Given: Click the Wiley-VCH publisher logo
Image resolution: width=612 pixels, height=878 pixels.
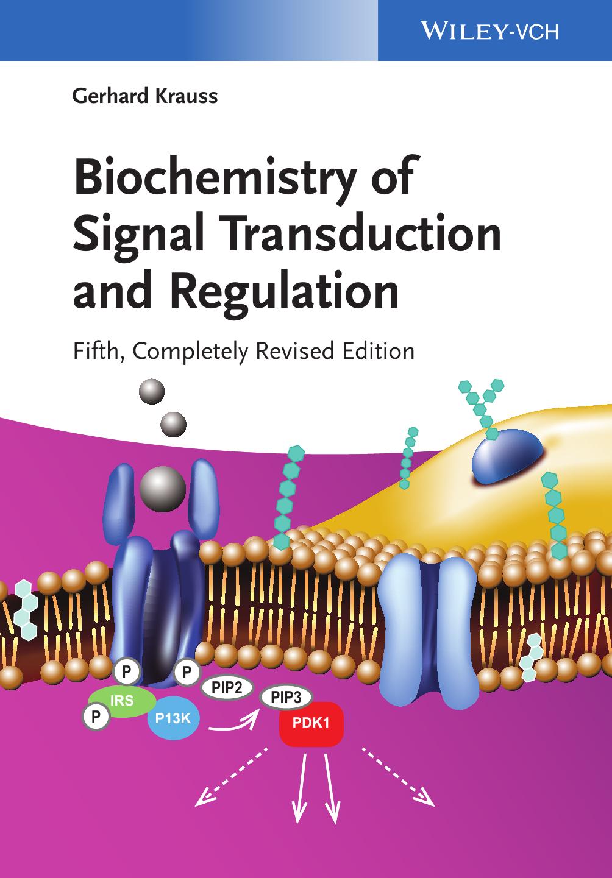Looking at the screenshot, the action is pos(489,30).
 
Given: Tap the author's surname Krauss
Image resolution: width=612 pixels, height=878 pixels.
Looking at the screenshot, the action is pos(187,96).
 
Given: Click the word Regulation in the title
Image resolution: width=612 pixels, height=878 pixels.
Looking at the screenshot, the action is pos(284,292).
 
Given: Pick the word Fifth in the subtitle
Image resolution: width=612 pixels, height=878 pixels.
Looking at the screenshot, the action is pos(99,350).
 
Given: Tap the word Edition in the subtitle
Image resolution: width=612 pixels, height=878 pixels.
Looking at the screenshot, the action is pos(379,350).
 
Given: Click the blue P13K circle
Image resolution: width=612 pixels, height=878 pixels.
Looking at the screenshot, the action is pos(173,718).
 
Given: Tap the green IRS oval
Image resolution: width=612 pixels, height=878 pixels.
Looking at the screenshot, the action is pos(122,701).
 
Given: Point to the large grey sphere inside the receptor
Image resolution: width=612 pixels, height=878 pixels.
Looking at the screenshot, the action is pos(162,489).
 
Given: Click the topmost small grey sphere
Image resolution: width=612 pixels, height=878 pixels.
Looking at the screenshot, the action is pos(152,391).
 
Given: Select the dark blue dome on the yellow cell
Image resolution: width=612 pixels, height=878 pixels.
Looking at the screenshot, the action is pos(508,456).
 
